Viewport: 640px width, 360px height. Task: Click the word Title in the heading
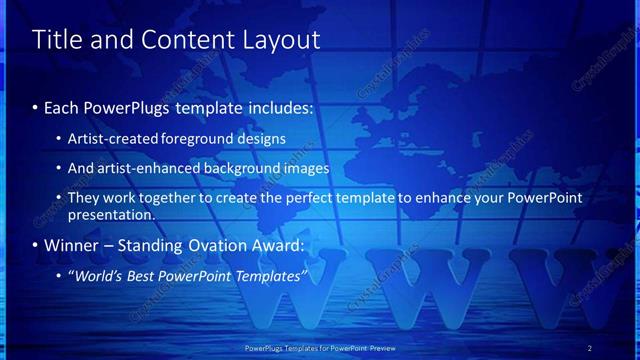[57, 40]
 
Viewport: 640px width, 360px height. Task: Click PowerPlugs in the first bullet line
[128, 107]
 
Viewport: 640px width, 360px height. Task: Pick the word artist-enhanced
[147, 168]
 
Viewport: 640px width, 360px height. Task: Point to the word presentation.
[111, 214]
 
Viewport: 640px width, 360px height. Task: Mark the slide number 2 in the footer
[590, 348]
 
